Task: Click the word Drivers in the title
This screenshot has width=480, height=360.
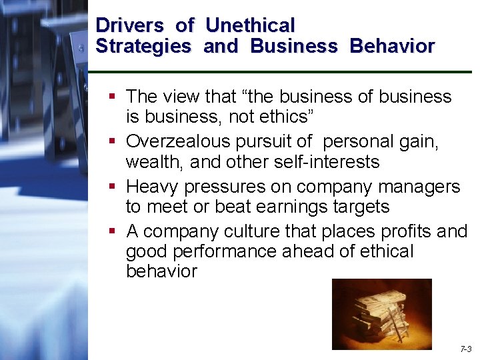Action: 129,25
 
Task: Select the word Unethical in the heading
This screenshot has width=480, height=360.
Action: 250,25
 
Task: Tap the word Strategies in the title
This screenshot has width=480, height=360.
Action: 143,46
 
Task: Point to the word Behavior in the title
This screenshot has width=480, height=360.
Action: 392,46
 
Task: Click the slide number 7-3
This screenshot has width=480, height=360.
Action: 465,349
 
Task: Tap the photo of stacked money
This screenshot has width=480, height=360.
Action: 381,313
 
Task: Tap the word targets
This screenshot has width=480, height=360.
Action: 357,207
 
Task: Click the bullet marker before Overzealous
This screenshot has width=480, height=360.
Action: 113,141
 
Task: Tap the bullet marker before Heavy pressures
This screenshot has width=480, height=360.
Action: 113,187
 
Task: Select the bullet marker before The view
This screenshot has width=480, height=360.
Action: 113,97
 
